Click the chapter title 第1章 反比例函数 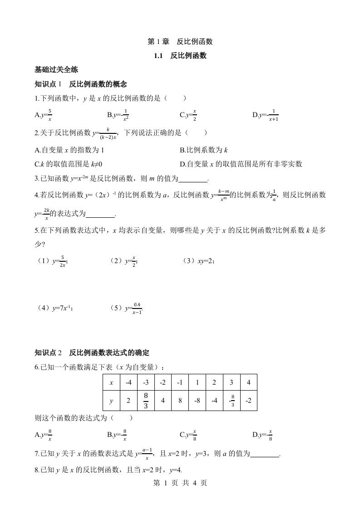[x=180, y=42]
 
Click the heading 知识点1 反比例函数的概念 [x=80, y=84]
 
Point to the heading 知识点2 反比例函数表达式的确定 [x=92, y=352]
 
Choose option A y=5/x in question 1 [x=44, y=115]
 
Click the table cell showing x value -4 [x=129, y=382]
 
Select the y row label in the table [x=112, y=401]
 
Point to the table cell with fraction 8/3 [x=146, y=401]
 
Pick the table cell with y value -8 [x=197, y=401]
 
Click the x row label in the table [x=112, y=382]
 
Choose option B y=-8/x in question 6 [x=117, y=435]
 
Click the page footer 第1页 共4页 [x=180, y=483]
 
